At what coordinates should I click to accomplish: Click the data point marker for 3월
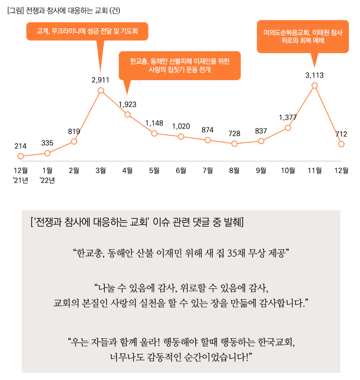pos(101,91)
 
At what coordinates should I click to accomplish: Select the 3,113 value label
pos(315,75)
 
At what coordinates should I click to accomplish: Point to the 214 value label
pos(21,146)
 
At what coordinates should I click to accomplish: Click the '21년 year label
pos(21,180)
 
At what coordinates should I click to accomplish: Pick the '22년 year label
pos(47,180)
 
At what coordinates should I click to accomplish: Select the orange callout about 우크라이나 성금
pos(87,31)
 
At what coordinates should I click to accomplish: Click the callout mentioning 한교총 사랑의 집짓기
pos(179,65)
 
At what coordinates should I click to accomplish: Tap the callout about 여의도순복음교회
pos(303,36)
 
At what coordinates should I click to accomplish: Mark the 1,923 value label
pos(128,104)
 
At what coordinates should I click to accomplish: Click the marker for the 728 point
pos(234,143)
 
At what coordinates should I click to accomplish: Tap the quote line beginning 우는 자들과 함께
pos(182,344)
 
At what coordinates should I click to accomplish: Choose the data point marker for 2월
pos(74,141)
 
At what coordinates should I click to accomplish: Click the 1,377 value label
pos(288,117)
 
